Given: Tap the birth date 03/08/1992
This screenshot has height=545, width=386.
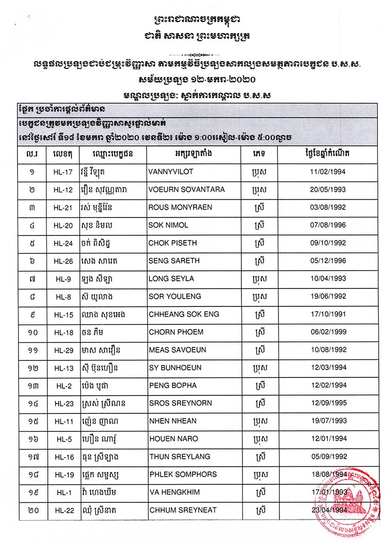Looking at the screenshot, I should coord(324,207).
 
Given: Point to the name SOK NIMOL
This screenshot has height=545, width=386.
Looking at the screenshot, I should coord(168,225).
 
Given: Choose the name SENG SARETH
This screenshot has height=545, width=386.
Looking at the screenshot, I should coord(173,261).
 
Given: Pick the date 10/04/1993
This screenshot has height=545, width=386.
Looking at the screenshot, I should coord(324,279).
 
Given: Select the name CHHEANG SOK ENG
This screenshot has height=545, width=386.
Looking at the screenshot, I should coord(184,314).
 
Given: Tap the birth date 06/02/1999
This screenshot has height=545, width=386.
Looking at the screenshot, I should coord(324,332).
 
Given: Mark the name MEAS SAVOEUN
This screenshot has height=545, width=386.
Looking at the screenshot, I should coord(178,350).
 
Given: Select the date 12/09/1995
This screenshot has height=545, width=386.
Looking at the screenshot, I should coord(324,403).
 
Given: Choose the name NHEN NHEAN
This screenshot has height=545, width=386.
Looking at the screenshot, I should coord(173,421).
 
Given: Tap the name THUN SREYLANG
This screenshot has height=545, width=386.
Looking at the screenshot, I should coord(176,456).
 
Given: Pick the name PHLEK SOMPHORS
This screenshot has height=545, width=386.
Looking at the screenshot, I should coord(183,474).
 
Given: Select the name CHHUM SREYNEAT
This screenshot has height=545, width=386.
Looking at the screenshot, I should coord(183,510).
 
